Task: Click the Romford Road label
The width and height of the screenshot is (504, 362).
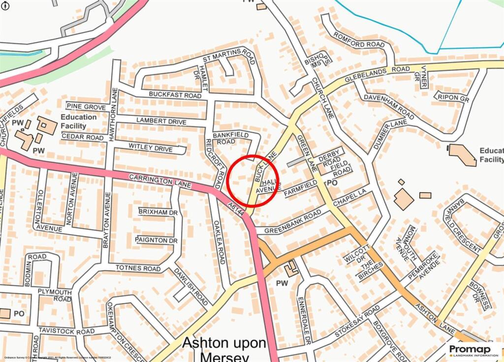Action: tap(359, 40)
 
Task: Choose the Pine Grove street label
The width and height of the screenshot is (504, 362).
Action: tap(86, 107)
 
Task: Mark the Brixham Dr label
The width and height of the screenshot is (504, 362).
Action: tap(158, 212)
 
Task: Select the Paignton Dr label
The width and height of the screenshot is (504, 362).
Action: tap(157, 240)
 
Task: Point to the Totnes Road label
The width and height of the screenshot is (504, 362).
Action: tap(138, 268)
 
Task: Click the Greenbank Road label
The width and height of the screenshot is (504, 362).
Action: tap(292, 222)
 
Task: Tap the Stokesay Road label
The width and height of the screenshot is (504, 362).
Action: tap(357, 320)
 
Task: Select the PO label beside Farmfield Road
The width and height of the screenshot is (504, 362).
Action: tap(332, 183)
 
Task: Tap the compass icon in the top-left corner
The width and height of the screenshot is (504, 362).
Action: tap(5, 5)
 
